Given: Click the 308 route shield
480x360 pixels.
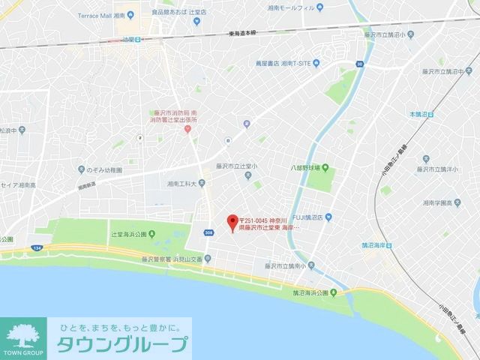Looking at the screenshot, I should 208,232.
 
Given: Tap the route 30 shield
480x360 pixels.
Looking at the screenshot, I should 360,64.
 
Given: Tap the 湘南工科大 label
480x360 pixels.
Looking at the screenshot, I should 181,183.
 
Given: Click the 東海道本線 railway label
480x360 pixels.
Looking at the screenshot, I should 244,33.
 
